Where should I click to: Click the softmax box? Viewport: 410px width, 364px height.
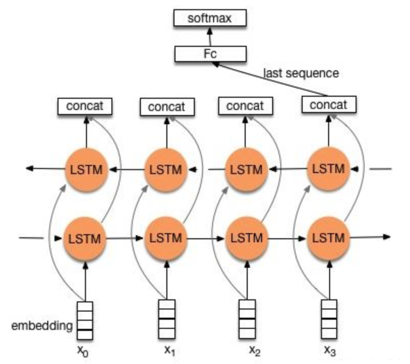coord(210,20)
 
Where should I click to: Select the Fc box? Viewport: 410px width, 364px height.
coord(210,53)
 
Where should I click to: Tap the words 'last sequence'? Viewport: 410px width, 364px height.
coord(301,73)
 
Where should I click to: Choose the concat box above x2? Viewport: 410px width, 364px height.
coord(245,106)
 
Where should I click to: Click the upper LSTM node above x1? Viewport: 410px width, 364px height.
coord(166,170)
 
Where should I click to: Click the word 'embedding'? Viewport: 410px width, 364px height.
coord(43,325)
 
